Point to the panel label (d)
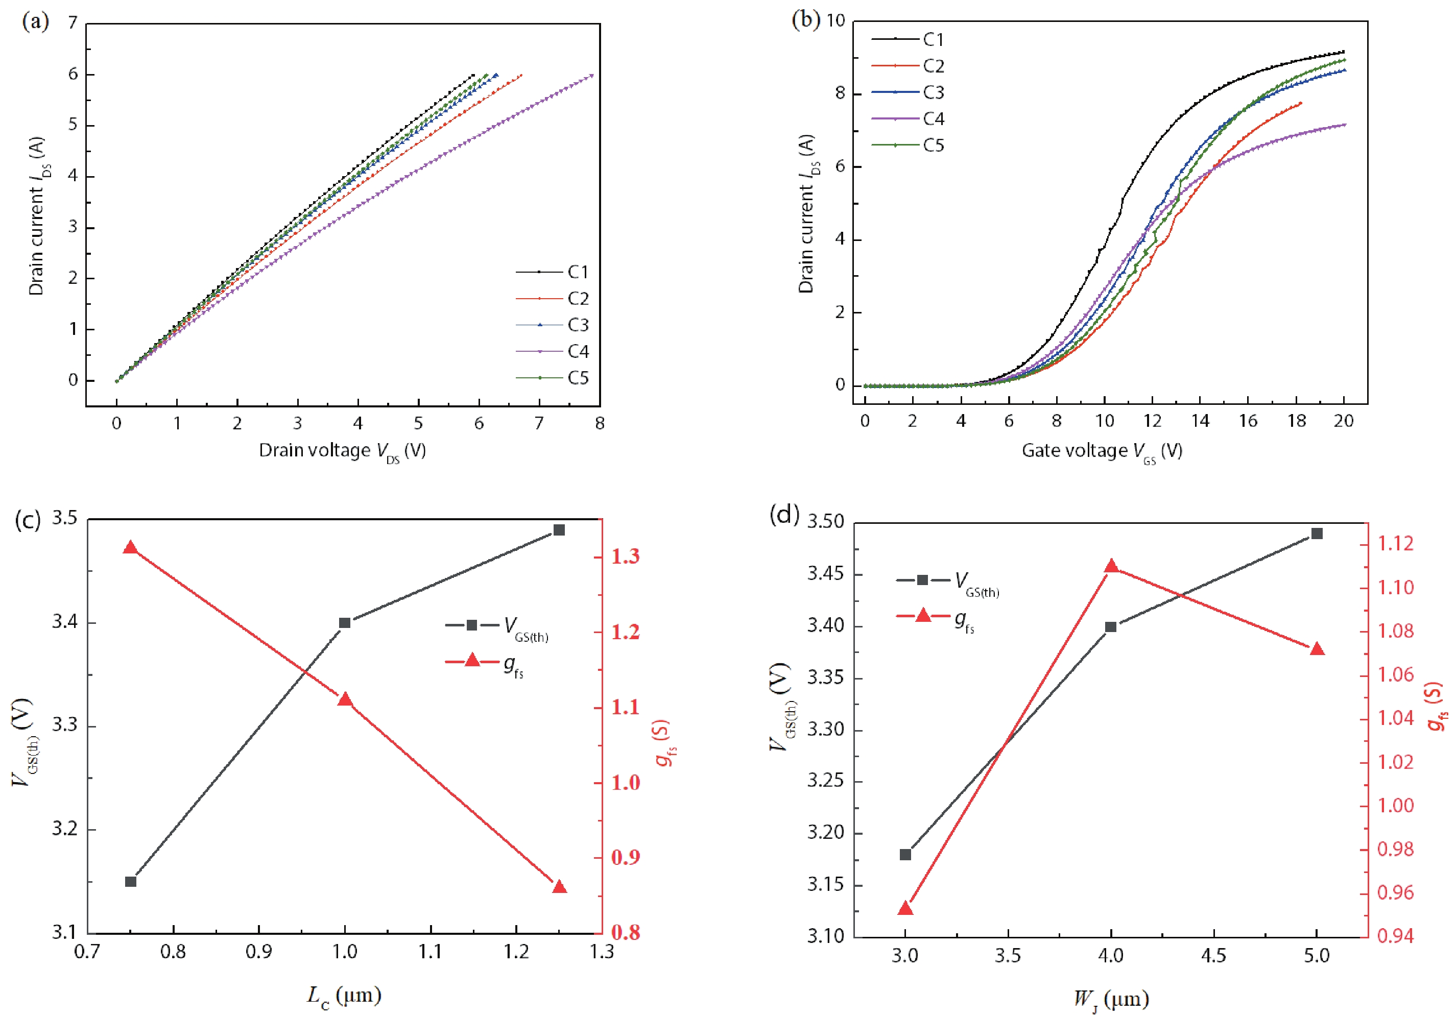784,514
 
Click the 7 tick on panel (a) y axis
73,23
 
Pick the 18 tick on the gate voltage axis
1296,421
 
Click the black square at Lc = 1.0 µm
345,623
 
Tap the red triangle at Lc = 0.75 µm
131,548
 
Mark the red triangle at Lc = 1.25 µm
559,886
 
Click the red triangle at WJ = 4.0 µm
1111,566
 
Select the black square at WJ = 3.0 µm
905,855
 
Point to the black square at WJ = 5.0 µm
1317,534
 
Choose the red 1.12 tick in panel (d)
1395,544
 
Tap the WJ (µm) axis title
1111,1000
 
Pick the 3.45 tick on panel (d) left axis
825,574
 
